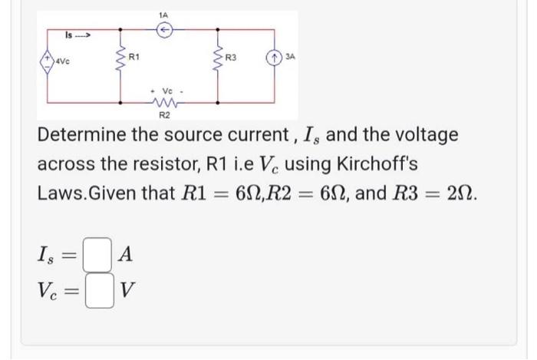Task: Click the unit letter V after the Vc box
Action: pyautogui.click(x=128, y=292)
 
